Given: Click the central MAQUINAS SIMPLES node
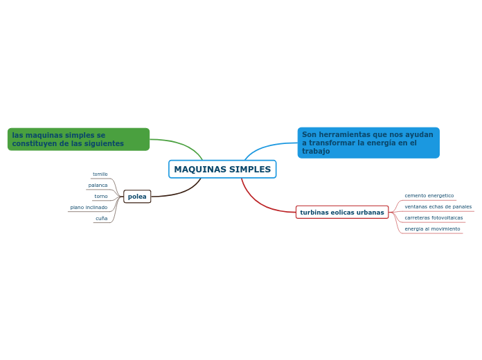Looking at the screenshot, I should pos(222,170).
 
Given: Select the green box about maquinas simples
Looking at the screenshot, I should pos(78,139).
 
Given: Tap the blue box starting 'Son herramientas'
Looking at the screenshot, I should pos(368,143).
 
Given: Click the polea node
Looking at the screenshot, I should pos(137,197).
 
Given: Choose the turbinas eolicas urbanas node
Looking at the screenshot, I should pos(342,213).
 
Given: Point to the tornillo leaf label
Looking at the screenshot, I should pos(100,174).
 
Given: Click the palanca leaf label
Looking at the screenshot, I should pos(98,186).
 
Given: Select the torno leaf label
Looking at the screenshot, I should pos(101,197).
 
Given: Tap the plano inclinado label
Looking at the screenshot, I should pos(89,208).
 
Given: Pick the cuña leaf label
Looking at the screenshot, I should pos(102,219).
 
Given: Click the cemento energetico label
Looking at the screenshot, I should pos(429,196).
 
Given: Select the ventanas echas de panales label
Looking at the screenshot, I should pos(438,207).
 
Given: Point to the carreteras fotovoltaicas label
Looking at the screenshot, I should pos(434,218).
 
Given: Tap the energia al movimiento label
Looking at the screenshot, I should pos(432,229).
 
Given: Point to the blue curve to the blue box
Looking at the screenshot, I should pos(267,146).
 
